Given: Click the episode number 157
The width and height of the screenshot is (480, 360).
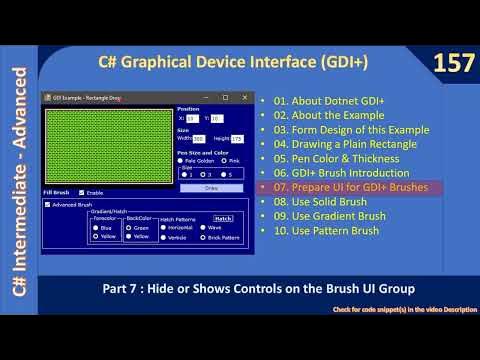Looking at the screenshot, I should click(451, 64).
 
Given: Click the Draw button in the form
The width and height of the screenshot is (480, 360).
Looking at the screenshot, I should click(211, 187).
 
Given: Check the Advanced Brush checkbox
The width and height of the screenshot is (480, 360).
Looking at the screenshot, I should click(49, 204).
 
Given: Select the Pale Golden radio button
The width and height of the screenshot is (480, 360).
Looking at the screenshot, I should click(181, 160).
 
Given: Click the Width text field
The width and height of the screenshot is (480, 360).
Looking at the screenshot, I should click(199, 139).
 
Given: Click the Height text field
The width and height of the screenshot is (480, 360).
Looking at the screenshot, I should click(237, 139).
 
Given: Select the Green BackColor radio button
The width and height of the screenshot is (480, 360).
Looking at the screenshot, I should click(130, 227).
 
